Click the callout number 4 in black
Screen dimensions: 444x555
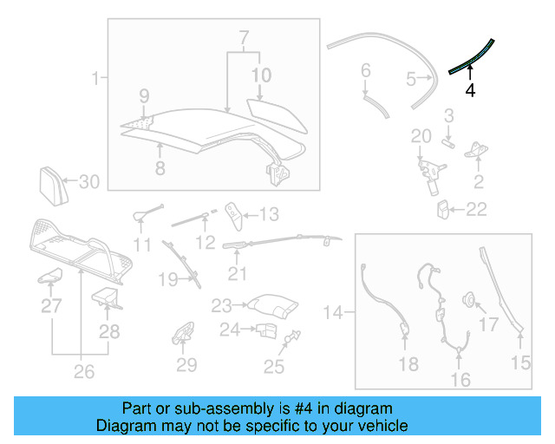[470, 89]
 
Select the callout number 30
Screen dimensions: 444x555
[89, 182]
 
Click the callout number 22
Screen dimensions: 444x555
[477, 209]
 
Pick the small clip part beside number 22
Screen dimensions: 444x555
[443, 209]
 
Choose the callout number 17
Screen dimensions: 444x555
[489, 325]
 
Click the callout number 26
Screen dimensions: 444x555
[82, 373]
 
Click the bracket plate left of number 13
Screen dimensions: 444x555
[233, 212]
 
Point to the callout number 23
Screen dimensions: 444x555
[222, 305]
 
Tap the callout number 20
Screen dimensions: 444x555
[421, 135]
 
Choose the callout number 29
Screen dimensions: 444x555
[186, 365]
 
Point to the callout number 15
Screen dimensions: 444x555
[520, 363]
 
